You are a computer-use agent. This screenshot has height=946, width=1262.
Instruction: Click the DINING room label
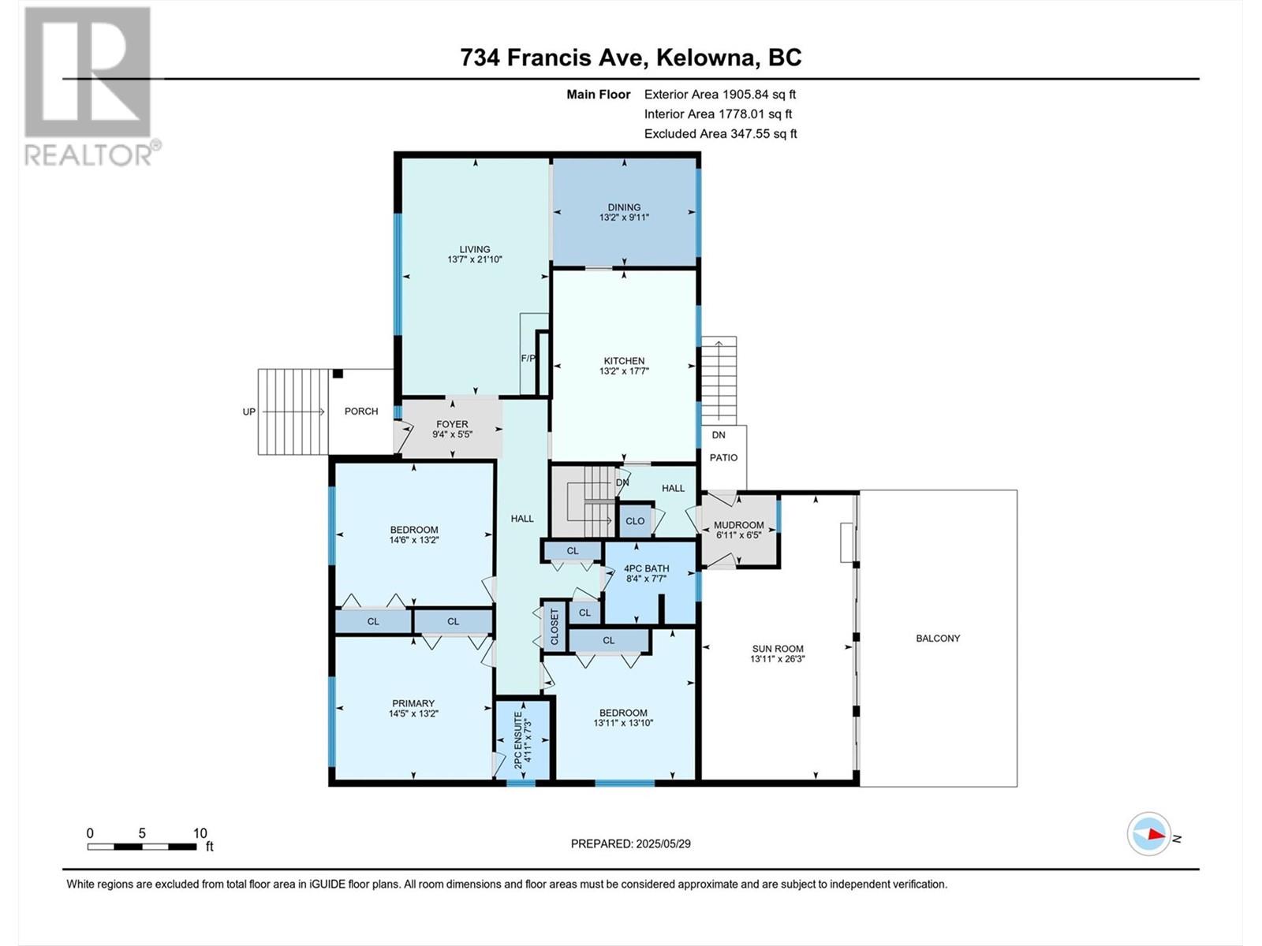point(624,207)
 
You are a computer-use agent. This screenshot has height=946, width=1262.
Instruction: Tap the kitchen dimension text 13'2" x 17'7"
point(624,371)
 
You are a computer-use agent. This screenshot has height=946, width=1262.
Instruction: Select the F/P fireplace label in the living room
point(528,359)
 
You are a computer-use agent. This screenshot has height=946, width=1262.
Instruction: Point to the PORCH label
point(361,412)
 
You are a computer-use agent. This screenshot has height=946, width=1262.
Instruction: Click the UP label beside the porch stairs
point(249,412)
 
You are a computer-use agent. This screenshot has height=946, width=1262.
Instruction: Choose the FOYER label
point(452,424)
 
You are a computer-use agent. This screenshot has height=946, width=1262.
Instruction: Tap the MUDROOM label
point(739,525)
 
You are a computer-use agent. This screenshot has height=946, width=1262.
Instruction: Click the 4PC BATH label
point(647,568)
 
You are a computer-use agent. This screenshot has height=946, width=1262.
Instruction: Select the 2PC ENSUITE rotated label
point(518,740)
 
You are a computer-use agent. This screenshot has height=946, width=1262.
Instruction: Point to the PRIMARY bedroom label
point(413,704)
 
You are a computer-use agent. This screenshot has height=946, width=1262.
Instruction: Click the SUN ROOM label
point(778,649)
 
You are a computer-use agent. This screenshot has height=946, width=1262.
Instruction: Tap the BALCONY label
point(938,638)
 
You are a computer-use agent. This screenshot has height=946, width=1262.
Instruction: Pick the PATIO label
point(723,458)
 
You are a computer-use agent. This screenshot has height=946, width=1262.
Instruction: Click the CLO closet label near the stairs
point(635,521)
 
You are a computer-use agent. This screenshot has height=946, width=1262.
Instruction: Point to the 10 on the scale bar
point(200,833)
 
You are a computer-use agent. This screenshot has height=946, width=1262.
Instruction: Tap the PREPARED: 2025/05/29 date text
point(631,844)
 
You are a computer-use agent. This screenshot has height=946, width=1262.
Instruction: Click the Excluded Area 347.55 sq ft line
point(720,134)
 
